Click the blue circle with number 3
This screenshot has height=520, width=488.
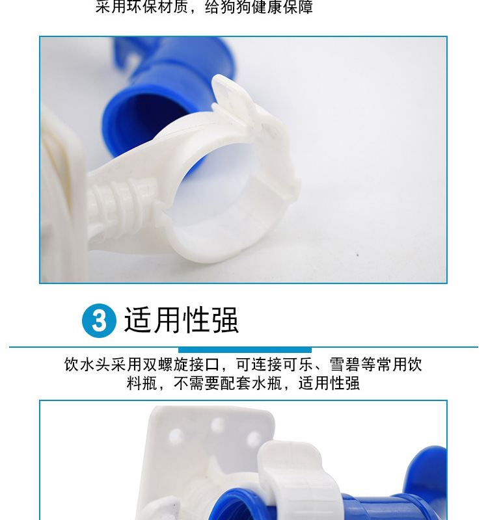(x=99, y=320)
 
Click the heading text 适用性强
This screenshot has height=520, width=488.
(x=181, y=320)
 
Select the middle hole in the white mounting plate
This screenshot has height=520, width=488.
(x=217, y=426)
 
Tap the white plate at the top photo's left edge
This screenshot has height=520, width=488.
(x=62, y=195)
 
